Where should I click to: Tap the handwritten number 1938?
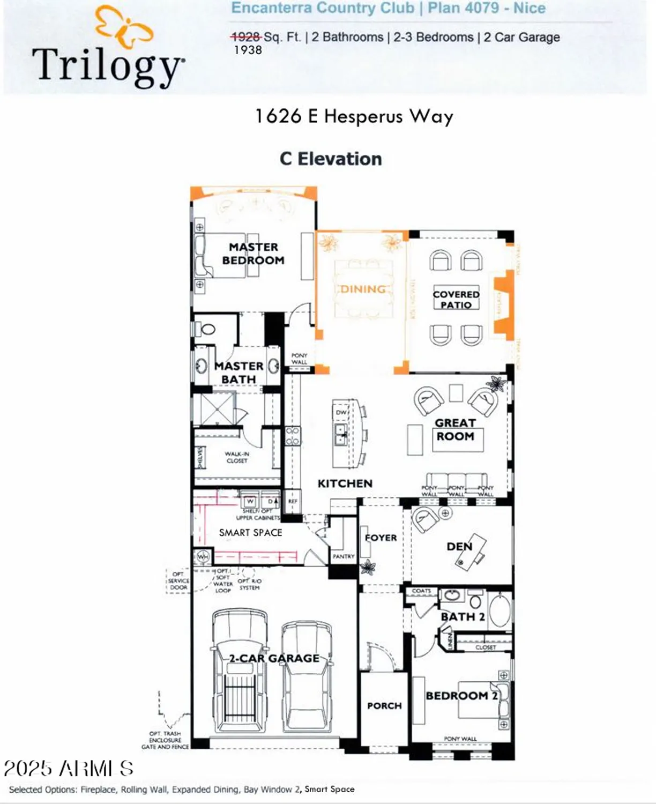tap(248, 50)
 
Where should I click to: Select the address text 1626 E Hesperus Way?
tap(354, 116)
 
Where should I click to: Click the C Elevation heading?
tap(331, 159)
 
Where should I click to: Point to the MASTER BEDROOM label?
tap(253, 254)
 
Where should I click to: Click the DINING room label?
tap(363, 289)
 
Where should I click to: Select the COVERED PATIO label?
tap(456, 299)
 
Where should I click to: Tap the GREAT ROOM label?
tap(455, 430)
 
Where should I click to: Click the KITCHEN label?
tap(345, 483)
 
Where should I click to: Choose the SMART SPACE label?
tap(250, 532)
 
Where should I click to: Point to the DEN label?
tap(459, 546)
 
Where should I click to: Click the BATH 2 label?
tap(463, 617)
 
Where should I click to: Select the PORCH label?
tap(384, 706)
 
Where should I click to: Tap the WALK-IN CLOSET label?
tap(237, 457)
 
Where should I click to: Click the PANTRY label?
tap(344, 556)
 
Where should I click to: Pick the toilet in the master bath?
tap(206, 328)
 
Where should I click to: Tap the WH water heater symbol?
tap(203, 557)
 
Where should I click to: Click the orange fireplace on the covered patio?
tap(503, 304)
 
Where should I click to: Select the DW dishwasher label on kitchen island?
tap(341, 412)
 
